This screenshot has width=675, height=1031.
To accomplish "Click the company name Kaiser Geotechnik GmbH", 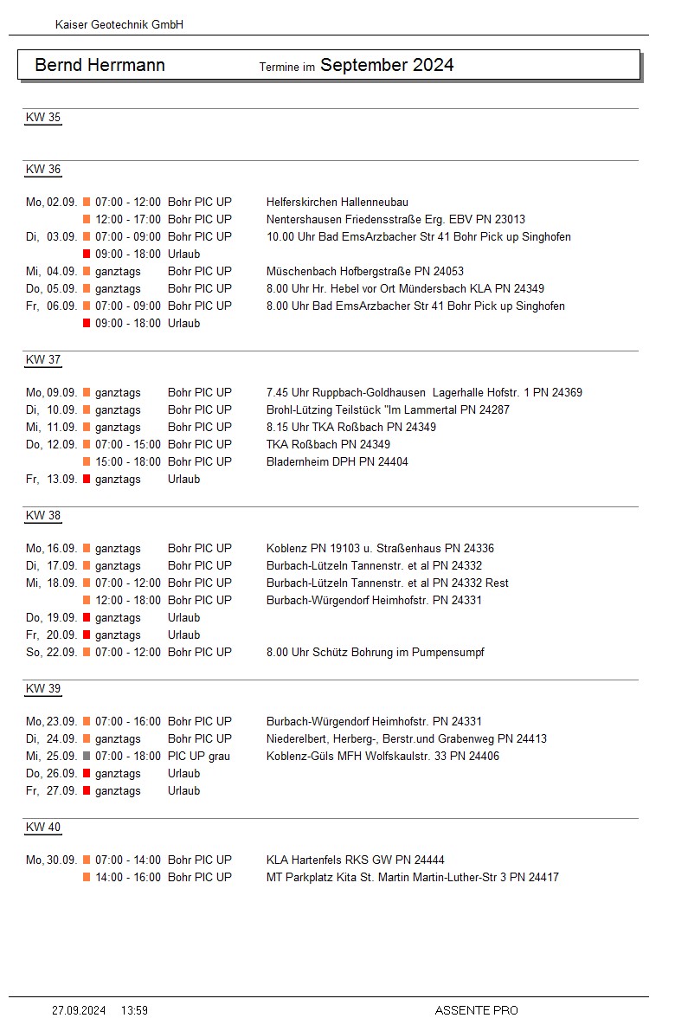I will click(x=119, y=25).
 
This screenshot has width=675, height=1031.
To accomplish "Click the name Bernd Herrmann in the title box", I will click(x=100, y=65).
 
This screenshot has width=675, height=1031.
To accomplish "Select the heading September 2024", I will click(x=387, y=65).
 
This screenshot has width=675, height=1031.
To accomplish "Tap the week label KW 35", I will click(x=43, y=118).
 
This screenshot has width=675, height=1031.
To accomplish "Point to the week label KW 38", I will click(x=43, y=516).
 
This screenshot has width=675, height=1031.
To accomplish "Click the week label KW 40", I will click(x=43, y=828).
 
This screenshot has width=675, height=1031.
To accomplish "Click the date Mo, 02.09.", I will click(x=51, y=202).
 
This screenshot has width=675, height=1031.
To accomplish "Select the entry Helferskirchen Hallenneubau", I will click(x=337, y=202).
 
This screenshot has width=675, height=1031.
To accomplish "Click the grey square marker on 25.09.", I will click(x=87, y=756).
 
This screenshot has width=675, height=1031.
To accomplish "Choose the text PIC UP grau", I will click(x=199, y=756).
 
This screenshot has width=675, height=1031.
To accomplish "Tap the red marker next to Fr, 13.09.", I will click(x=87, y=479).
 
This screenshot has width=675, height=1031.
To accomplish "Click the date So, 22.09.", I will click(x=51, y=652).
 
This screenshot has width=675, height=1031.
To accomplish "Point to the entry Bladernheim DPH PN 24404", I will click(x=337, y=461).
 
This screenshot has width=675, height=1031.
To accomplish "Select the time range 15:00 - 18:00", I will click(x=128, y=461).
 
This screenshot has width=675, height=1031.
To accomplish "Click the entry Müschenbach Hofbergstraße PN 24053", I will click(x=365, y=271).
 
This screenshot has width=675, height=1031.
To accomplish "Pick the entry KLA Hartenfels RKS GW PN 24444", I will click(x=356, y=860).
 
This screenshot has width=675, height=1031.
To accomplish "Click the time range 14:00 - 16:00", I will click(x=128, y=877).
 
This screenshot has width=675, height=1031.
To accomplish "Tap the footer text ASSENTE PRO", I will click(x=476, y=1010).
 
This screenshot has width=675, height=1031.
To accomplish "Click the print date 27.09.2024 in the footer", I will click(x=79, y=1010).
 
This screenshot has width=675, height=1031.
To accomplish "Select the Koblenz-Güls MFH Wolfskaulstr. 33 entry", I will click(x=382, y=756).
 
